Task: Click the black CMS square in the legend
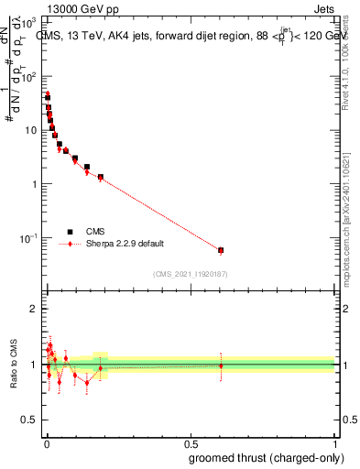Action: [x=70, y=233]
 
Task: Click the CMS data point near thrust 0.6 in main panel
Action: [x=221, y=250]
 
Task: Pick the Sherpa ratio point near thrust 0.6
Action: [x=221, y=365]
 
